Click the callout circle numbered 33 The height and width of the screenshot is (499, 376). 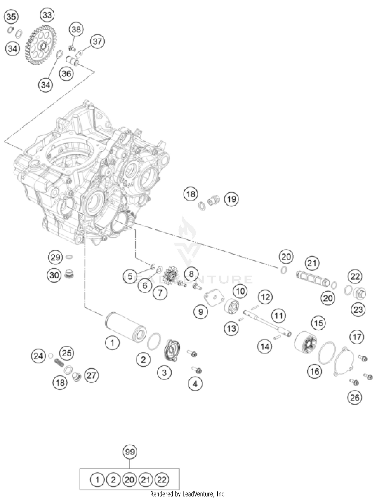click(47, 15)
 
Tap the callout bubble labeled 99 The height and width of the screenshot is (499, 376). click(130, 452)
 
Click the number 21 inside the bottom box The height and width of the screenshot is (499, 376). click(146, 480)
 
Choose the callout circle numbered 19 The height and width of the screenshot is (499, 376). click(231, 199)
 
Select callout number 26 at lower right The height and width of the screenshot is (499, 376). click(355, 397)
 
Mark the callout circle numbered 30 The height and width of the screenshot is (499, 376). click(54, 275)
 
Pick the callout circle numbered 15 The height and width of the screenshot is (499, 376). click(319, 323)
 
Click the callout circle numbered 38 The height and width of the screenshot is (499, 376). click(76, 30)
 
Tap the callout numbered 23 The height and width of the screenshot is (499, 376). click(358, 310)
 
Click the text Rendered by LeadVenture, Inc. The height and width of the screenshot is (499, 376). click(188, 494)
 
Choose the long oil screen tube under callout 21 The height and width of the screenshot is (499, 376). click(312, 278)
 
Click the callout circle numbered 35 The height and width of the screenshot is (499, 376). click(11, 17)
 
